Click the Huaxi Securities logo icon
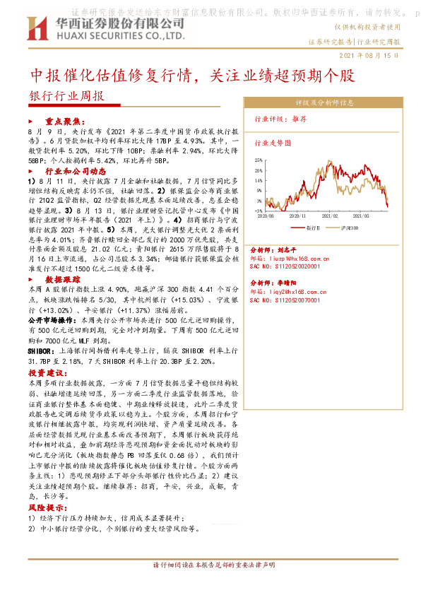point(35,28)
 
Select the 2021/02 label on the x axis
point(331,216)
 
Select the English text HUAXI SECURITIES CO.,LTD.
point(105,34)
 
